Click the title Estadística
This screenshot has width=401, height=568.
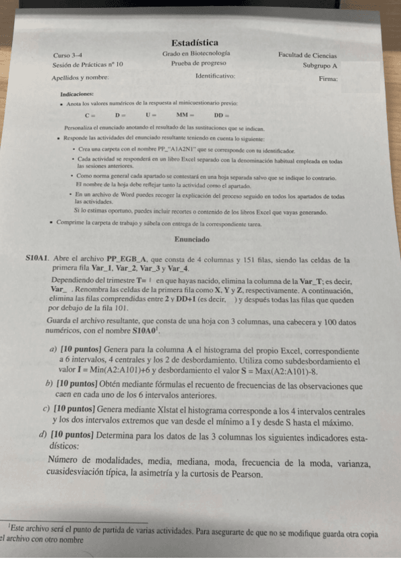coord(194,43)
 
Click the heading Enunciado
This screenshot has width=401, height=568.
coord(192,239)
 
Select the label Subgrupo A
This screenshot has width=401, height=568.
coord(319,66)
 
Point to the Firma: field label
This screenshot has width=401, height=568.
coord(328,79)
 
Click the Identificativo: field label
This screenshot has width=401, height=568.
coord(215,76)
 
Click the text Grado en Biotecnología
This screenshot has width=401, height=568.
coord(196,53)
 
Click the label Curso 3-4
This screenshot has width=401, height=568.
coord(68,55)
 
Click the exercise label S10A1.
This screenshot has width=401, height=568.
coord(38,258)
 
